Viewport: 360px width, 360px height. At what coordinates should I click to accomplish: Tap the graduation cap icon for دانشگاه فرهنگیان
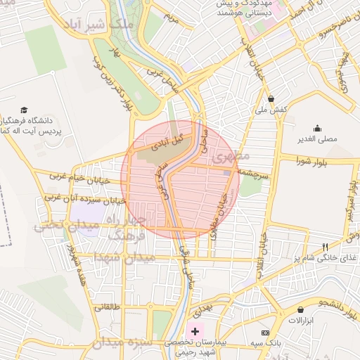[25, 110]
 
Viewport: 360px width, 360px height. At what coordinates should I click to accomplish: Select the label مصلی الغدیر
[317, 139]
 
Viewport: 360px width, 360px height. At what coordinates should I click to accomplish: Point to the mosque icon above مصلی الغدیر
[317, 128]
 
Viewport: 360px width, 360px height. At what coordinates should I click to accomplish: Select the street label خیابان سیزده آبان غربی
[85, 200]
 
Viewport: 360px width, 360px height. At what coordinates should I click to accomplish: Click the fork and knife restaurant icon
[324, 246]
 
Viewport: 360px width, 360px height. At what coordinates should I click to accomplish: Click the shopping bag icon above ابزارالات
[301, 310]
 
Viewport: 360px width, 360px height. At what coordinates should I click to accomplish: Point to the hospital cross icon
[195, 330]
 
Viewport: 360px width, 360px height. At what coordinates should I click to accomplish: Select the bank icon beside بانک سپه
[265, 332]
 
